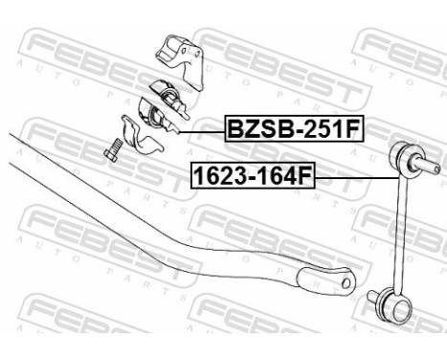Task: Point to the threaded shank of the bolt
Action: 113,155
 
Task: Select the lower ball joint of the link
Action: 388,305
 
